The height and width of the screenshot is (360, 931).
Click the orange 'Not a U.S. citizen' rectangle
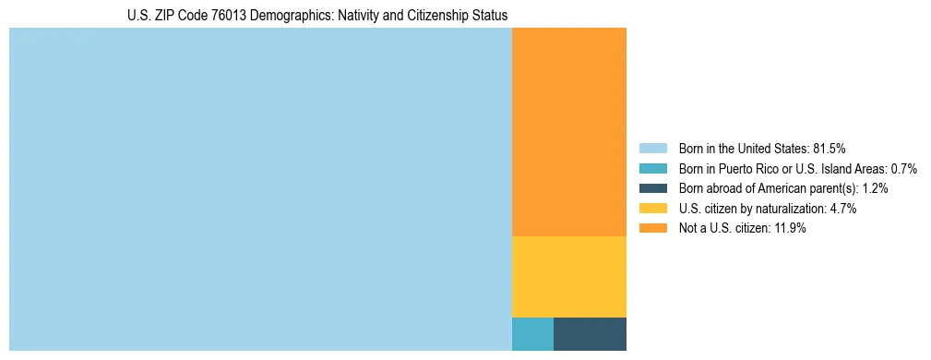pos(568,132)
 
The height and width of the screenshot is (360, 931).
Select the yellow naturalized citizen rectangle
pos(568,277)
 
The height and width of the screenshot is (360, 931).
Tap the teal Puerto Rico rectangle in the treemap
pos(532,333)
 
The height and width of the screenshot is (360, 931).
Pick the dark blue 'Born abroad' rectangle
pos(590,333)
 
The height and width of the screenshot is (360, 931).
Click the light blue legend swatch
pos(652,149)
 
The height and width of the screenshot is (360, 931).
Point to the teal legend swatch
pos(652,169)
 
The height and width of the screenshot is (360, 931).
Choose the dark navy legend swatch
pos(652,188)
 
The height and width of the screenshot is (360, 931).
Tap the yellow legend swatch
pos(652,209)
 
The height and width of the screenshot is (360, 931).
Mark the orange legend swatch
pos(652,228)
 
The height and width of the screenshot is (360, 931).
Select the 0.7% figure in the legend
pos(903,169)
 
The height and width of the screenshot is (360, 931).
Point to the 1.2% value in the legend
pos(875,188)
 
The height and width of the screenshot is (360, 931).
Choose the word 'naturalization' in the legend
pos(793,209)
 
